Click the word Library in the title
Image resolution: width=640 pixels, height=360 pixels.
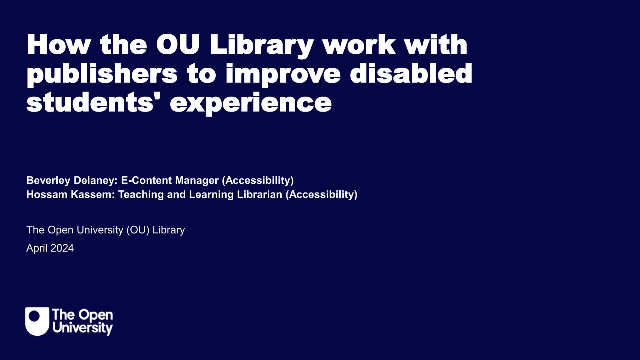click(x=261, y=45)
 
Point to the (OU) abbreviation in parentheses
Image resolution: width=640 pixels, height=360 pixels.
click(x=138, y=230)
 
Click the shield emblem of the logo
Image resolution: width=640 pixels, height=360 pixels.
click(x=37, y=321)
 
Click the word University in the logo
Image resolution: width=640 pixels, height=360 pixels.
click(x=82, y=328)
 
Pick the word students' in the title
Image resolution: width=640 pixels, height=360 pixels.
click(x=90, y=103)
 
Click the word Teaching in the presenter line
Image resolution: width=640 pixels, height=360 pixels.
click(x=141, y=194)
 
